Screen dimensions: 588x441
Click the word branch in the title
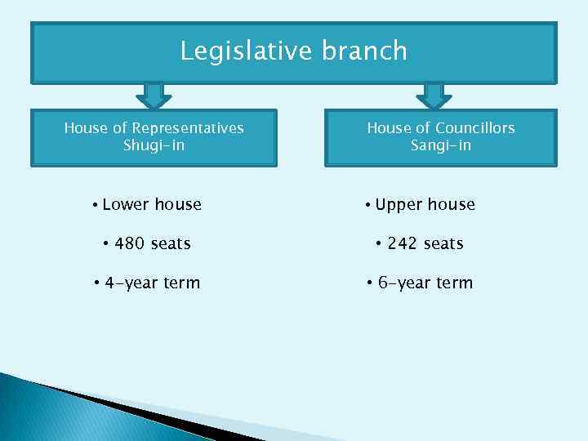pos(364,51)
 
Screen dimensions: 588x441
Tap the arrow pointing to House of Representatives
pos(154,95)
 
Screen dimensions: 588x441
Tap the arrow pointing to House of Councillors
pos(434,95)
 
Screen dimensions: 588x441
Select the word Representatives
pos(188,128)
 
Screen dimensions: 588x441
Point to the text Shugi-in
pos(154,146)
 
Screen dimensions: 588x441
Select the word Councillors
pos(475,128)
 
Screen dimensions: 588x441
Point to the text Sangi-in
pos(441,146)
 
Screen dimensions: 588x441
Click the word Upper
pos(399,204)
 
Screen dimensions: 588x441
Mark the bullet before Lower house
pos(96,204)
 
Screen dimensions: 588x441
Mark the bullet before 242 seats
pos(380,243)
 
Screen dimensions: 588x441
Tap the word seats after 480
pos(171,243)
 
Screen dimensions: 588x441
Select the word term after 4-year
pos(181,283)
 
